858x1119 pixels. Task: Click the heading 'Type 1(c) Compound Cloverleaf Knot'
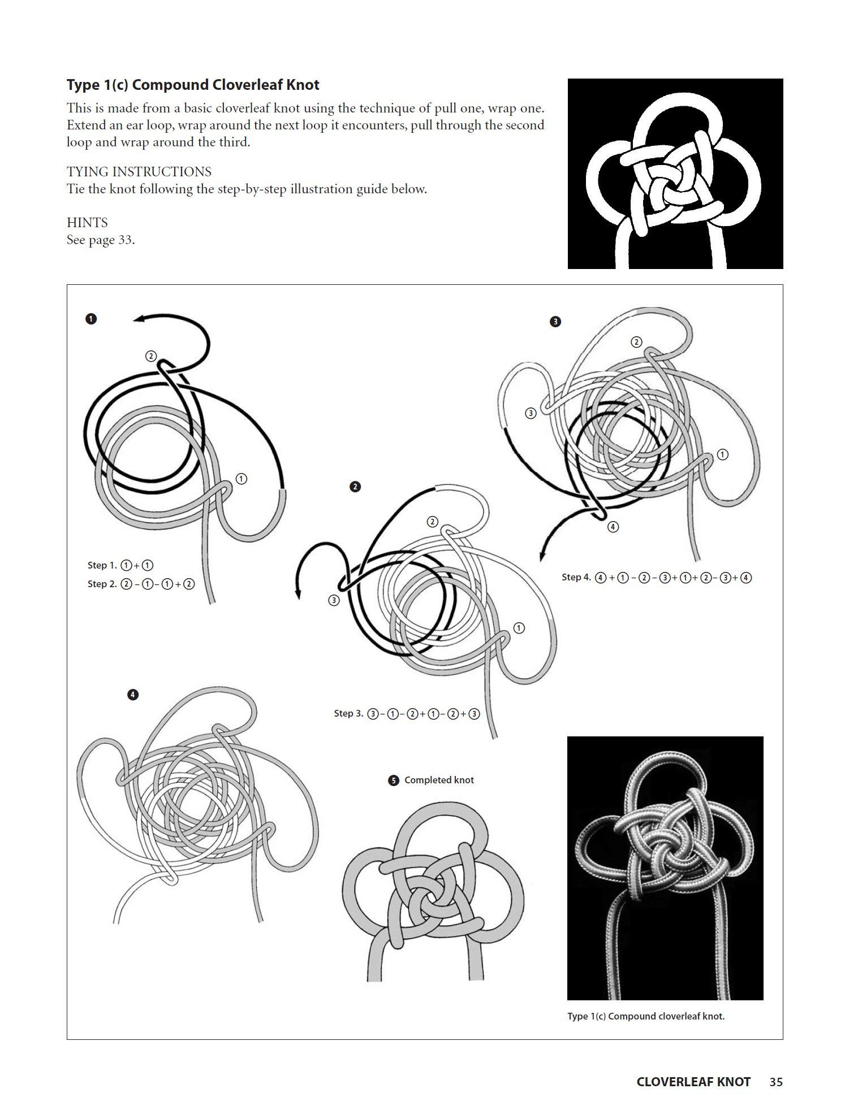point(193,85)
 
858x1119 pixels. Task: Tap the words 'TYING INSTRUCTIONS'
point(139,172)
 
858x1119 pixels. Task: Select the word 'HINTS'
point(87,223)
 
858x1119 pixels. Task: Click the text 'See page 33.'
point(101,240)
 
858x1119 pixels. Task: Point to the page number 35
point(776,1082)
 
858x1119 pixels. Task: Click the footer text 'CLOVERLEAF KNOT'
point(693,1082)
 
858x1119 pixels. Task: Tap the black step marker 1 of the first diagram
point(91,319)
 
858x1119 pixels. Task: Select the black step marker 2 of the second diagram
point(355,487)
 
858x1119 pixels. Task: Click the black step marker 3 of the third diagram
point(555,322)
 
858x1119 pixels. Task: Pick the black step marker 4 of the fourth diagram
point(133,695)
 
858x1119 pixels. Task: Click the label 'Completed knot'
point(439,780)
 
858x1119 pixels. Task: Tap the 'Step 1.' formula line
point(120,565)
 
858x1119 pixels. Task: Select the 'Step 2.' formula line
point(141,584)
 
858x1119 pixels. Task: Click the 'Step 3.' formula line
point(407,713)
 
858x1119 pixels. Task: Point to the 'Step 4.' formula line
point(657,577)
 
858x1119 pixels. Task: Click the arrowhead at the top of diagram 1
point(139,319)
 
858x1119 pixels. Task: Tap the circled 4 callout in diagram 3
point(613,527)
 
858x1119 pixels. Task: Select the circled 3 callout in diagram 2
point(334,600)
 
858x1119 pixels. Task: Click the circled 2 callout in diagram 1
point(150,356)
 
